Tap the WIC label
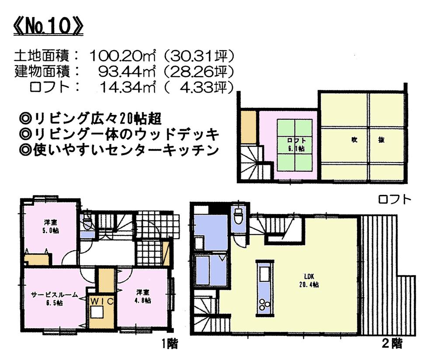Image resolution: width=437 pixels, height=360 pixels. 102,301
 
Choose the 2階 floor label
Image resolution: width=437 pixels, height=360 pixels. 392,343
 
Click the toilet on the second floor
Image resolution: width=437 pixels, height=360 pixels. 239,216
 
